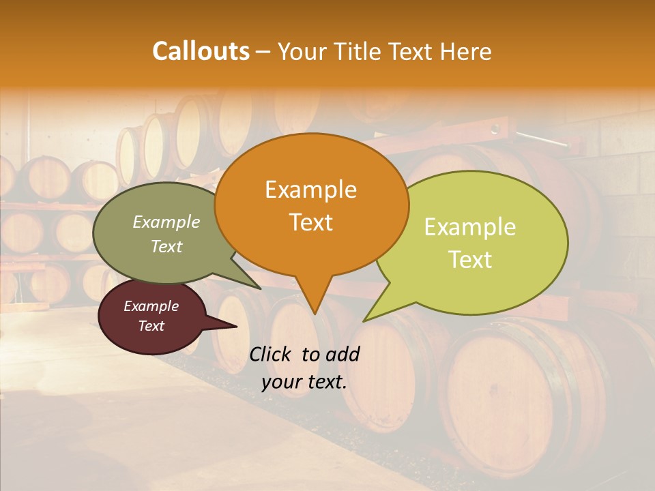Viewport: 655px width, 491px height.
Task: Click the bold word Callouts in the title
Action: (x=201, y=51)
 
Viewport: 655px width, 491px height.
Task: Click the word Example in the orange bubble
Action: (x=310, y=189)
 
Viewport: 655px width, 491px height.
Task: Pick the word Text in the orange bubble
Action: (x=310, y=222)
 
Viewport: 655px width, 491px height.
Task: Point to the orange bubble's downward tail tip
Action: (x=315, y=314)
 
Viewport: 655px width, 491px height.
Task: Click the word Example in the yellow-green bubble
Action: (x=470, y=226)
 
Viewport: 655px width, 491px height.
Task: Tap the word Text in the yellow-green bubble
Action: (x=470, y=259)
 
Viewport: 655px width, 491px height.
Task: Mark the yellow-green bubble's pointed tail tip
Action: (x=364, y=321)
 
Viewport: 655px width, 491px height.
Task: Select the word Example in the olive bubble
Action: (x=166, y=222)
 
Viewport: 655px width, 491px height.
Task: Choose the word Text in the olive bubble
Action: (x=166, y=246)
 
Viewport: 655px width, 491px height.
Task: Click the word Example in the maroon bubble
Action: (x=151, y=306)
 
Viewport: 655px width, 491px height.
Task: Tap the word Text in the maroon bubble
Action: (x=151, y=326)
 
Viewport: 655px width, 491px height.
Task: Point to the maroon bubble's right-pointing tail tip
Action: (x=237, y=327)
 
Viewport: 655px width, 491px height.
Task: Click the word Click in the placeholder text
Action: (x=271, y=354)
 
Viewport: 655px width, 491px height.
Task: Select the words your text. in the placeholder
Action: (x=304, y=382)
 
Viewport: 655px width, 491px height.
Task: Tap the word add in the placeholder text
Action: (x=343, y=354)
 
